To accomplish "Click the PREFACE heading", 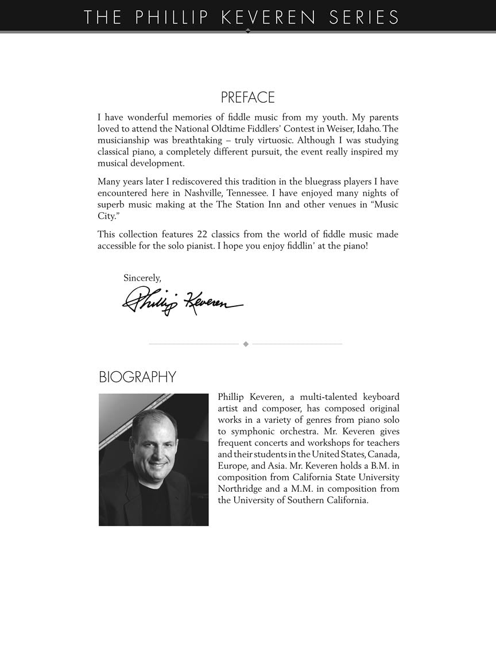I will tap(247, 98).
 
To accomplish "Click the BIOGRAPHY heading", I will tap(137, 377).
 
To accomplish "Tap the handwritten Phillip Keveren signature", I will tap(183, 301).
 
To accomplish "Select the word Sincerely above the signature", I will tap(142, 278).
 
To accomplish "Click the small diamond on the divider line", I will tap(246, 344).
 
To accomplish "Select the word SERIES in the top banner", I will tap(364, 17).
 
